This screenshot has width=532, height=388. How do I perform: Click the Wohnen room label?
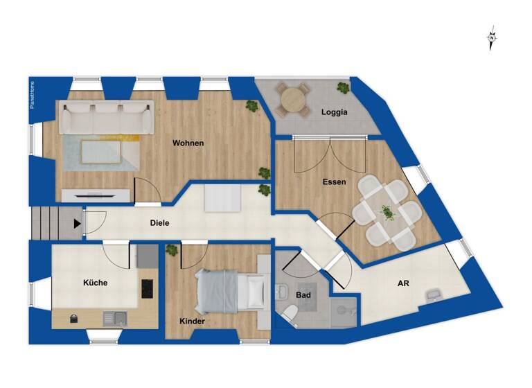point(188,143)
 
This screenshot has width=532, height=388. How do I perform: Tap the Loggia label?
point(334,112)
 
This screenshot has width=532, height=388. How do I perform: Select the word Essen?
point(334,182)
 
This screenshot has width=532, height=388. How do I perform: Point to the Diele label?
point(160,223)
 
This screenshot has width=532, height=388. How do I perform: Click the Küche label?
point(95,283)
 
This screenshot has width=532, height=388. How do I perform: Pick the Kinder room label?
point(192,321)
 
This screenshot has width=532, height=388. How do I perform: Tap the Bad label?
point(303,295)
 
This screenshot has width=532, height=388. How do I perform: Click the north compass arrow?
point(491,39)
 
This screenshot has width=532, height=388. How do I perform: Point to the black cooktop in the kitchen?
point(148,288)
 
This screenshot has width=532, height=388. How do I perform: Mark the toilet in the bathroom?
point(290,316)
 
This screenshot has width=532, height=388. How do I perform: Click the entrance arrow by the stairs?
point(76,224)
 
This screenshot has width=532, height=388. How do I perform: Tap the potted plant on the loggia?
point(342,87)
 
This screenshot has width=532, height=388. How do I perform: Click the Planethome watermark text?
point(32,103)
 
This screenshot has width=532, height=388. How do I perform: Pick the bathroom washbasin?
point(283,290)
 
